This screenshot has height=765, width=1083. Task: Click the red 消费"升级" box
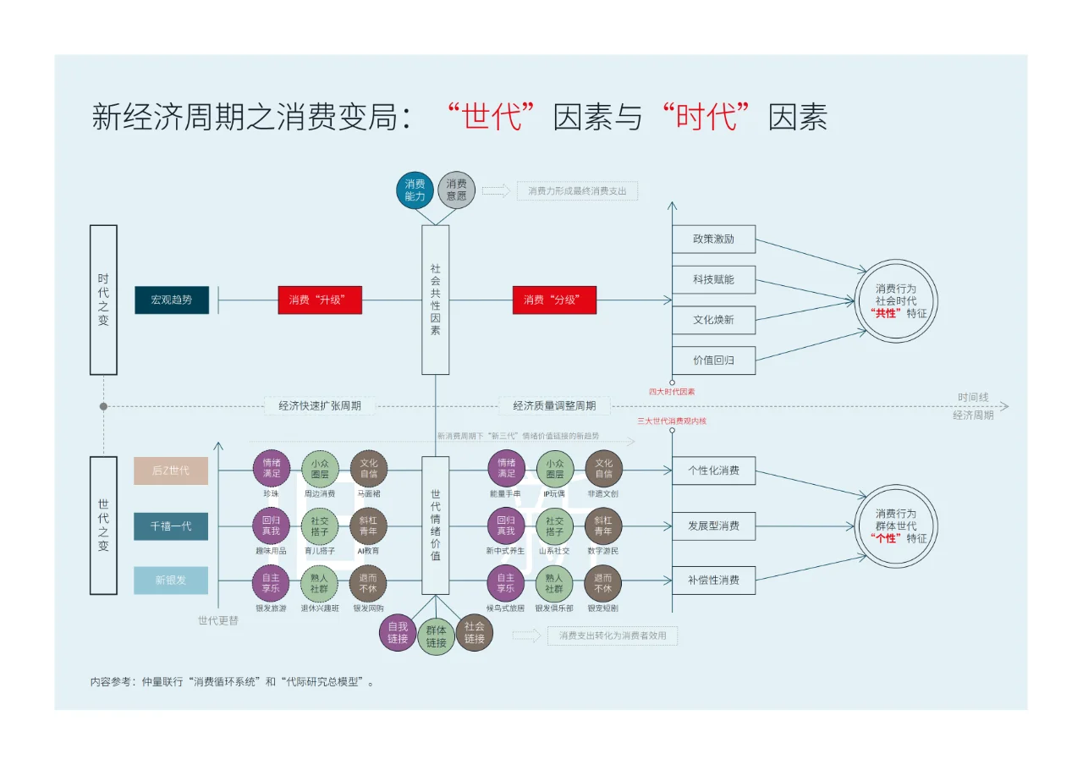320,300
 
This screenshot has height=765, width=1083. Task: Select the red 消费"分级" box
554,300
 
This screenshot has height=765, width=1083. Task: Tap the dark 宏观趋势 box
171,300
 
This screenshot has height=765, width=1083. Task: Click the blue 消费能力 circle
415,190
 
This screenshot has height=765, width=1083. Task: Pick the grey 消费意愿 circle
457,190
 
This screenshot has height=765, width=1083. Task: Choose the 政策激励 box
713,239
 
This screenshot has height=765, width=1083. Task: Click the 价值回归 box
713,360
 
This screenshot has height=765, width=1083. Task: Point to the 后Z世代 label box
171,471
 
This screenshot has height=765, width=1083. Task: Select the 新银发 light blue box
171,581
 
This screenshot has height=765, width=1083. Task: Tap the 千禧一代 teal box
171,526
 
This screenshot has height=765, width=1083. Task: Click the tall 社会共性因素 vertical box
436,300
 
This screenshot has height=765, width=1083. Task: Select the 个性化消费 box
713,471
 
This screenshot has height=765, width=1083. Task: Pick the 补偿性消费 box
713,581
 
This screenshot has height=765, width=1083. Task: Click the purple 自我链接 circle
398,633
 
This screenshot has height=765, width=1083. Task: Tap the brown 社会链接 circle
474,633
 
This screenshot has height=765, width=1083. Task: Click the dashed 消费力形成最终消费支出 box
577,191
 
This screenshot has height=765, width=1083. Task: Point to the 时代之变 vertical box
103,300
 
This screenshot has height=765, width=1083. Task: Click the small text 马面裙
369,493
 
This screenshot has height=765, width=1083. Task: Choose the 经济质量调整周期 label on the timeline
554,406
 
